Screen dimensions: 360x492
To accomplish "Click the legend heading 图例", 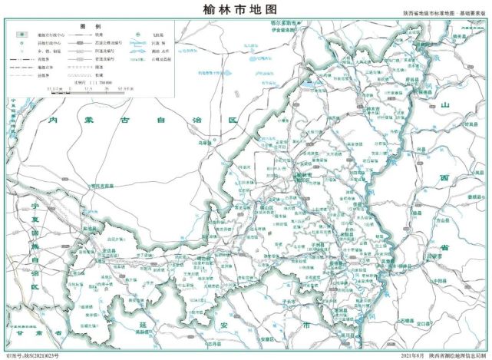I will [x=86, y=26].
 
